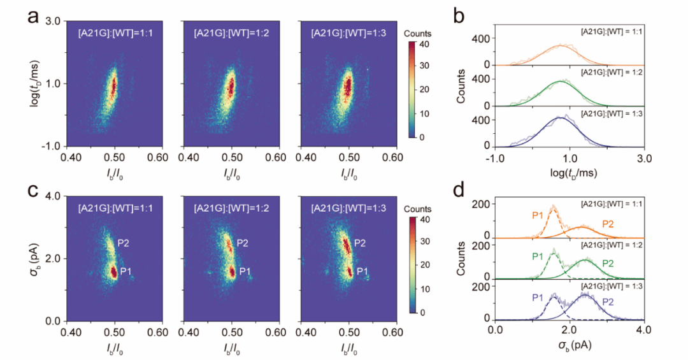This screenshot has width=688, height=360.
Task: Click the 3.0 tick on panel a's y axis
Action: click(52, 22)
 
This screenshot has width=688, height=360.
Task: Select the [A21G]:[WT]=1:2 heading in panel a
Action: click(231, 32)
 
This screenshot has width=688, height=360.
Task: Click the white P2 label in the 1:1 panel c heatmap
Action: click(124, 243)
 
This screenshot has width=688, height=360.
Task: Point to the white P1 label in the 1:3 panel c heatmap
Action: click(362, 271)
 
